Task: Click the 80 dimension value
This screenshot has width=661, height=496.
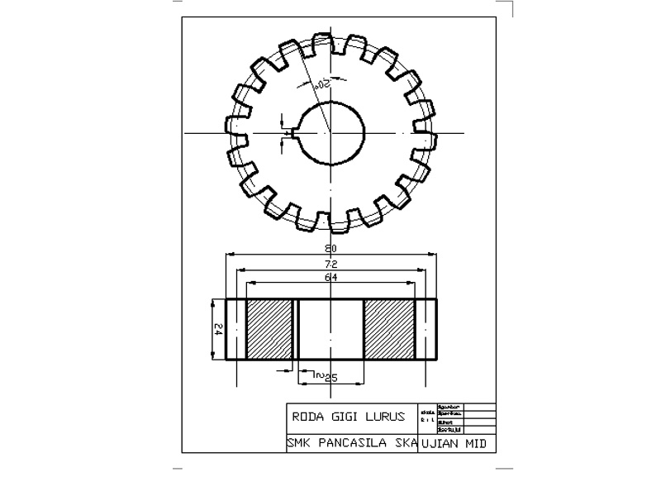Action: pos(331,248)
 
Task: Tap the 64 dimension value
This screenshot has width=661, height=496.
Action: pos(331,278)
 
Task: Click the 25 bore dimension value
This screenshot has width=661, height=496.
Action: pos(330,378)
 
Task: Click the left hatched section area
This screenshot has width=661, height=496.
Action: pos(271,329)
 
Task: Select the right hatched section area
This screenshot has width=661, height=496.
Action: pos(388,329)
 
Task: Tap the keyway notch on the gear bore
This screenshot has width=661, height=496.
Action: pos(291,132)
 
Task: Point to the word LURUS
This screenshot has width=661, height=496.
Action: pos(385,417)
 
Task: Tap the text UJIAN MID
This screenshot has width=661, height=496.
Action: pos(453,443)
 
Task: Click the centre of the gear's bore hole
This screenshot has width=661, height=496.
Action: pos(330,132)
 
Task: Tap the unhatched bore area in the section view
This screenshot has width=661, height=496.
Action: pos(330,329)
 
